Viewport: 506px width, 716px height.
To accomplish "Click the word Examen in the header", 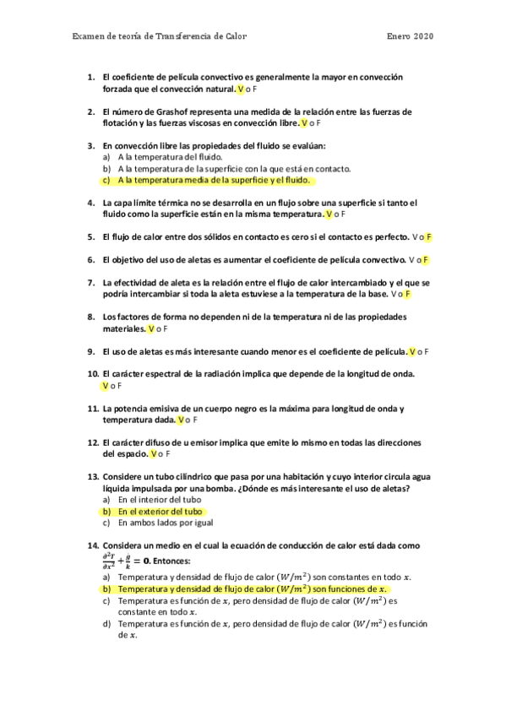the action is tap(88, 35).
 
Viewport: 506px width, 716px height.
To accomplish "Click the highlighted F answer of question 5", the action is tap(428, 237).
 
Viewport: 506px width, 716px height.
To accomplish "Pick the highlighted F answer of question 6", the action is tap(426, 259).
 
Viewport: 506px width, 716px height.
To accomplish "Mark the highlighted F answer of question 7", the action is tap(407, 294).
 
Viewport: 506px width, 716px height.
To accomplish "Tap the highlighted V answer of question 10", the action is tap(105, 386).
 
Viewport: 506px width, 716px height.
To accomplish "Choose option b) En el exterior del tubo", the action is tap(153, 512).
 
